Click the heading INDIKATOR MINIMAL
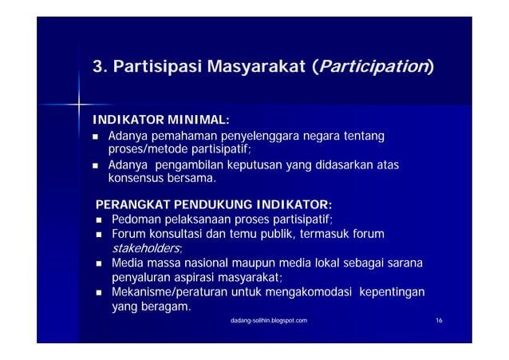pyautogui.click(x=161, y=121)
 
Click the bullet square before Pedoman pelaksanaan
pyautogui.click(x=99, y=219)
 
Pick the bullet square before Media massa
pyautogui.click(x=99, y=263)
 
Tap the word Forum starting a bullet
pyautogui.click(x=130, y=233)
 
